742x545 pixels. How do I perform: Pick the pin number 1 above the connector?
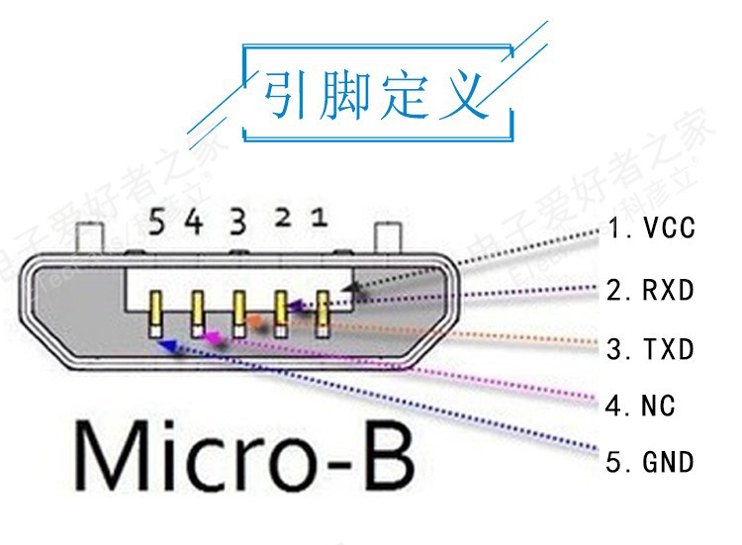[319, 217]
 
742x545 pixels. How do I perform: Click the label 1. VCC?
[652, 229]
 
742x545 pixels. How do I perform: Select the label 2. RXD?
[652, 291]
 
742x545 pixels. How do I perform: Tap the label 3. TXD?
[652, 349]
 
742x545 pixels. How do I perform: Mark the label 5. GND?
[652, 461]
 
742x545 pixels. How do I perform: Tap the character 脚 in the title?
[345, 96]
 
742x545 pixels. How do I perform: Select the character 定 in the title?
[405, 96]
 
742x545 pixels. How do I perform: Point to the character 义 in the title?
[463, 96]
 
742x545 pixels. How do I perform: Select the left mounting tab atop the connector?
[90, 238]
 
